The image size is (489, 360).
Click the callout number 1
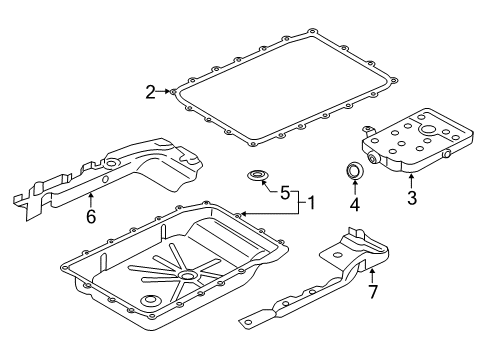[312, 203]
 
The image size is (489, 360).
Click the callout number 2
[151, 93]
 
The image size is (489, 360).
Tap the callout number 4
[353, 207]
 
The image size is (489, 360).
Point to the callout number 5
[284, 193]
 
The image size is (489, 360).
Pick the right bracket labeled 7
[330, 275]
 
